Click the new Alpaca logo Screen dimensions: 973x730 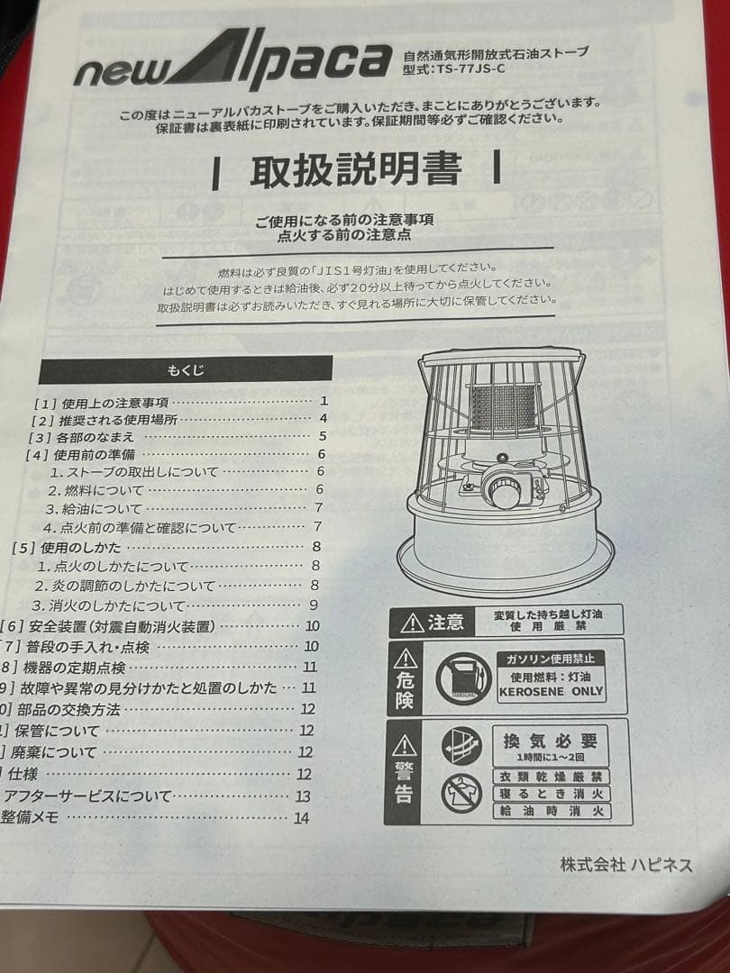point(233,64)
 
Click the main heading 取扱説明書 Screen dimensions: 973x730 point(356,169)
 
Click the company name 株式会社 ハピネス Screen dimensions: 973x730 point(626,865)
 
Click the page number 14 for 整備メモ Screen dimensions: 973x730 point(301,818)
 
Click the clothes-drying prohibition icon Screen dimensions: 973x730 point(462,793)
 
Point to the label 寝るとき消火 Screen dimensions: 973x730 point(551,794)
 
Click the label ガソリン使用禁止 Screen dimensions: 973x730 point(551,659)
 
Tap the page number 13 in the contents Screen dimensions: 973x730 point(302,796)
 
